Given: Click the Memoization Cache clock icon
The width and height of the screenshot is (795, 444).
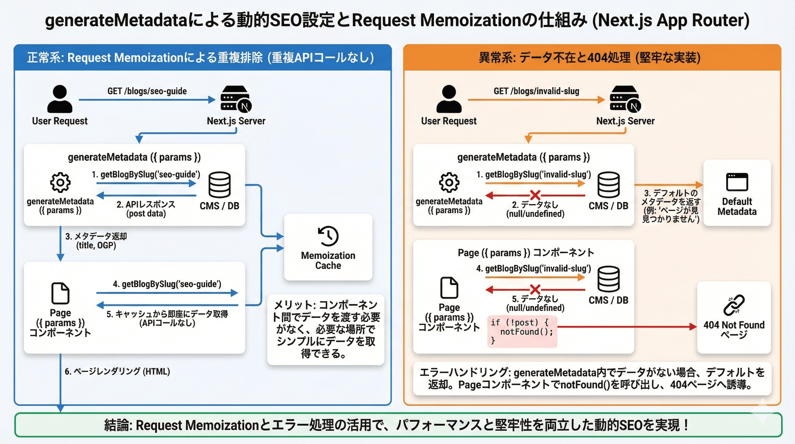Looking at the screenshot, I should coord(328,236).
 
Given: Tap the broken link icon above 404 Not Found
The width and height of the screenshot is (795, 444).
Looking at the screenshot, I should coord(734,305).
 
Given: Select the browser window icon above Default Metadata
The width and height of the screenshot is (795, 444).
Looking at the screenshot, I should coord(737,182).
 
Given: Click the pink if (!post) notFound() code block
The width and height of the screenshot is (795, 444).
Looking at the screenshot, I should coord(522,331).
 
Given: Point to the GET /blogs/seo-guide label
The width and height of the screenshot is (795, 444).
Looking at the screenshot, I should coord(147,91).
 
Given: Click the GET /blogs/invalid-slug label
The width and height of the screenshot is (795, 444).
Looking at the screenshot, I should coord(536,91).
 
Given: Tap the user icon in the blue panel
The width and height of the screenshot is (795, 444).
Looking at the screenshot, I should coord(60,99).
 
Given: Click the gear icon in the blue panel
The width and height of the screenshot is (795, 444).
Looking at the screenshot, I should coord(60,182).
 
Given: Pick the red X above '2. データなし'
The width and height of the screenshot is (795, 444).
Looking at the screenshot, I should coord(535,195).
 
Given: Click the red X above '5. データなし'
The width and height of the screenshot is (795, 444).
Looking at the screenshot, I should coord(535,290).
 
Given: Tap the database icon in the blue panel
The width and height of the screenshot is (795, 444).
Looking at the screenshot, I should coord(220,185).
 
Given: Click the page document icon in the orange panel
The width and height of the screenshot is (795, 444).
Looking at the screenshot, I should coord(449,288).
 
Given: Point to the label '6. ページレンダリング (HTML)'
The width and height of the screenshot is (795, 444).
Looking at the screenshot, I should coord(117,371).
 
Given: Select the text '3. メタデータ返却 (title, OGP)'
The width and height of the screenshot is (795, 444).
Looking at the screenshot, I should coord(96,241).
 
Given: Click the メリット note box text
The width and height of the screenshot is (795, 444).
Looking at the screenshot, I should coord(326,329).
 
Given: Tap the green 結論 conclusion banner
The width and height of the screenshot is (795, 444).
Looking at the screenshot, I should coord(397,425).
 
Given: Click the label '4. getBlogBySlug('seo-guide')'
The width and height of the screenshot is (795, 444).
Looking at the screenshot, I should coord(167,284).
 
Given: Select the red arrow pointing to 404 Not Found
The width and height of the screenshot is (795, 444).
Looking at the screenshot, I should coord(627,327).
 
